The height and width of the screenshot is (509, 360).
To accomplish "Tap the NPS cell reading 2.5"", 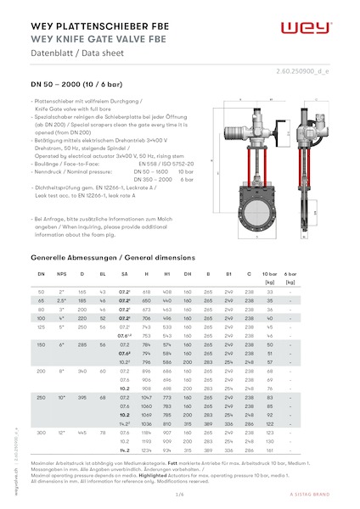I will click(62, 300).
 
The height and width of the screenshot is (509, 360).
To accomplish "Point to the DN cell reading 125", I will click(42, 326).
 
